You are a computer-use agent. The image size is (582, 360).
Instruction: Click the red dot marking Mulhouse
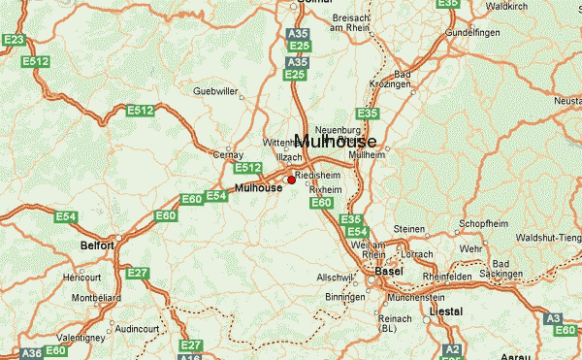pyautogui.click(x=292, y=180)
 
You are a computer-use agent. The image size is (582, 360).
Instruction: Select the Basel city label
pyautogui.click(x=388, y=272)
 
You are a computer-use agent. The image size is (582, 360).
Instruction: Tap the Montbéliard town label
pyautogui.click(x=98, y=297)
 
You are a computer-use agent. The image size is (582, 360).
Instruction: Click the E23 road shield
pyautogui.click(x=13, y=40)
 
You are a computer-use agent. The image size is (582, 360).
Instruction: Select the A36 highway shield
pyautogui.click(x=32, y=353)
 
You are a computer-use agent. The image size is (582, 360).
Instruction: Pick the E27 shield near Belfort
pyautogui.click(x=138, y=274)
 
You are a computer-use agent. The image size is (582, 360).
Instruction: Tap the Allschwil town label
pyautogui.click(x=332, y=278)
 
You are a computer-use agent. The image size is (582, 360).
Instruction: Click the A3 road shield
pyautogui.click(x=554, y=317)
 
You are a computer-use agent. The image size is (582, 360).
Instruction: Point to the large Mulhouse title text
pyautogui.click(x=335, y=141)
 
